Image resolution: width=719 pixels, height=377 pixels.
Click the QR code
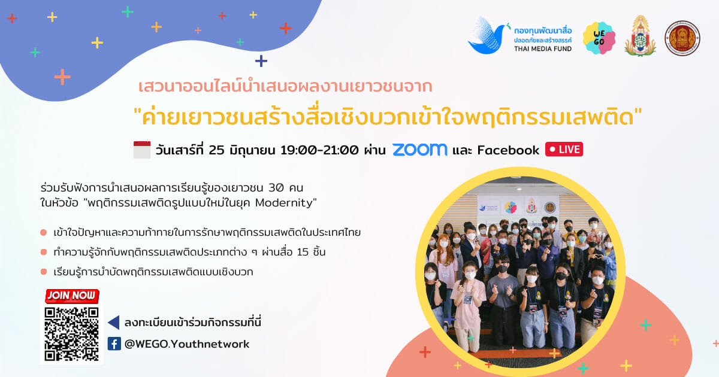pos(71,334)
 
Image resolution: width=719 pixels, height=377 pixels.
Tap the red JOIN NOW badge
pos(72,296)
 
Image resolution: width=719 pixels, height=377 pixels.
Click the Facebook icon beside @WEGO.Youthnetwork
pos(114,343)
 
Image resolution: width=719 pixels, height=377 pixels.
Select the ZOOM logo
pos(420,150)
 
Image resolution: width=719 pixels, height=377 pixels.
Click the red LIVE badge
pos(564,150)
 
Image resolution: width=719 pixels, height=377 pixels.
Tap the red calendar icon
pos(142,150)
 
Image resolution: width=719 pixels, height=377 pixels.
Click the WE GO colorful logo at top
pos(599,38)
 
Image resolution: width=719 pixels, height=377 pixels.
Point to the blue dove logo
pos(487,36)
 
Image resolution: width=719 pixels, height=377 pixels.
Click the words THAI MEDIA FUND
pos(543,48)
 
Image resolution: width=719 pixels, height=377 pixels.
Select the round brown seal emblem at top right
pos(682,38)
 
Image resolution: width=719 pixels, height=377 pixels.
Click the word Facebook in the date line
pos(508,150)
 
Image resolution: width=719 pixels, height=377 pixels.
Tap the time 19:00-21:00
pos(319,150)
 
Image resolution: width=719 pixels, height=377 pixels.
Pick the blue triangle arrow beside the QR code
pos(114,323)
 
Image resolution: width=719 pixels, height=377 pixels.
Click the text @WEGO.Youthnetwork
pos(187,344)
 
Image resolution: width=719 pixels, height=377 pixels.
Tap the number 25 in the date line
pos(216,150)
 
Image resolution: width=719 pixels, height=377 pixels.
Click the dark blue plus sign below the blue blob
pos(261,61)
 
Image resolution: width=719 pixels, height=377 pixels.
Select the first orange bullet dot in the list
pos(44,232)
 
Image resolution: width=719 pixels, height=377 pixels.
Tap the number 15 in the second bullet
pos(303,253)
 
